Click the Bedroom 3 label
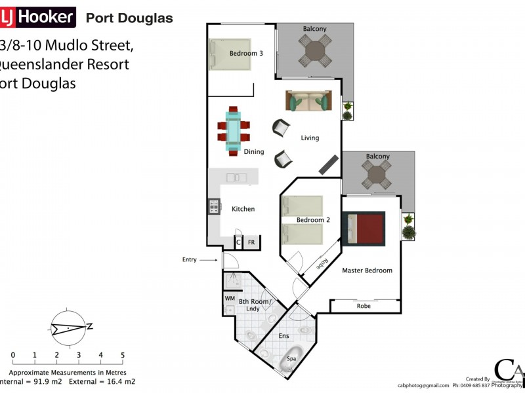click(246, 53)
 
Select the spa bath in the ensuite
click(290, 360)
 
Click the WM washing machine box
click(230, 298)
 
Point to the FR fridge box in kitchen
click(251, 242)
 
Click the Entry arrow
click(209, 260)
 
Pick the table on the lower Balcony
click(378, 175)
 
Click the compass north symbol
click(68, 326)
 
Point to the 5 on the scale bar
click(123, 355)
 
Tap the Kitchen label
click(243, 209)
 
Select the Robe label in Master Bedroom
click(364, 306)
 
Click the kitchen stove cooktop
click(213, 208)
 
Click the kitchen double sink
click(236, 177)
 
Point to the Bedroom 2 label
click(311, 219)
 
